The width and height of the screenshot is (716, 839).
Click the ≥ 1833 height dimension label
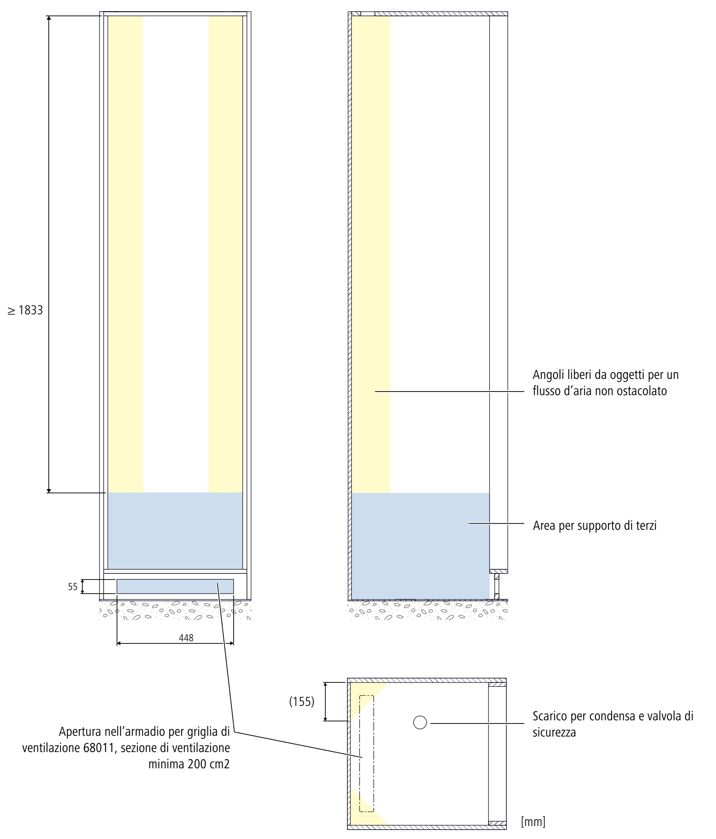coord(25,310)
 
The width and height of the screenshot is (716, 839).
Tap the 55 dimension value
coord(73,587)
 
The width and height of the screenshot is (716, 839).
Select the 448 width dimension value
coord(186,638)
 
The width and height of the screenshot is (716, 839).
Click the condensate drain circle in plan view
coord(420,722)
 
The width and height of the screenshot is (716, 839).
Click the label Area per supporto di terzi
coord(594,525)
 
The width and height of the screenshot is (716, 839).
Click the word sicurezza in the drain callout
coord(554,732)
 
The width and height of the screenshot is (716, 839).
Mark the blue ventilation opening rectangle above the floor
coord(175,586)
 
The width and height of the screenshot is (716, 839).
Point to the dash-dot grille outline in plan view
coord(366,753)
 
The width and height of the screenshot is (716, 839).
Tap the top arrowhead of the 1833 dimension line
coord(49,18)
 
